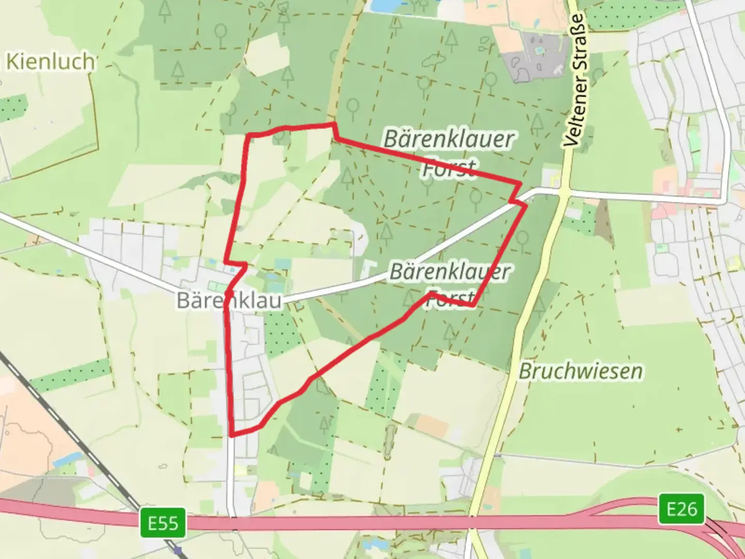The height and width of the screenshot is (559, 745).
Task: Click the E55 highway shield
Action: [x=163, y=523]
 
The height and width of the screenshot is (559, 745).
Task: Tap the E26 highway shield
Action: [x=681, y=509]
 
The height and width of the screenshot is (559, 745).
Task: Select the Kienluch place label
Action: [x=50, y=62]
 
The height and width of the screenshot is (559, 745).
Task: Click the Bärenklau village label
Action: [x=229, y=300]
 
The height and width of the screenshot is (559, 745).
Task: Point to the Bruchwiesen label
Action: [x=580, y=371]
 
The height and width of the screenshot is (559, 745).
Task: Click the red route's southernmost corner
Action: [x=231, y=435]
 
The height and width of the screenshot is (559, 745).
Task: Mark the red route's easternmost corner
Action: [x=526, y=205]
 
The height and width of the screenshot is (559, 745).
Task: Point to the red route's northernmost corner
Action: [x=334, y=124]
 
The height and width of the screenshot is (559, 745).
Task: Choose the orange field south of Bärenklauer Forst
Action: [x=431, y=426]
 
